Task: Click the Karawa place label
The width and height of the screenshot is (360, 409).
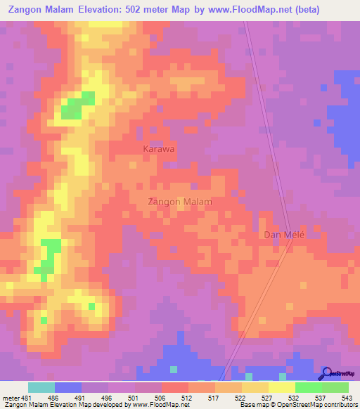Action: tap(158, 150)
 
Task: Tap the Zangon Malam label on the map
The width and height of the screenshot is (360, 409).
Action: tap(180, 202)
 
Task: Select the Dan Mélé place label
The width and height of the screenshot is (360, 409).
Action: tap(284, 235)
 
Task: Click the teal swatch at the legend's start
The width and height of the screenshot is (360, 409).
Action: tap(41, 387)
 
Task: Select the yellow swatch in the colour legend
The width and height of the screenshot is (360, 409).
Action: tap(281, 387)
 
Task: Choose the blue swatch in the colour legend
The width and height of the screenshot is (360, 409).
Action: tap(67, 387)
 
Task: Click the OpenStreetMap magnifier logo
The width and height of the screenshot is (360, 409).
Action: tap(327, 373)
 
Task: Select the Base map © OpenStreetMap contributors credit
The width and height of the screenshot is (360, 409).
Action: tap(296, 405)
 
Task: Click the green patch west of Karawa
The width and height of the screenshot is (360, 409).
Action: tap(77, 105)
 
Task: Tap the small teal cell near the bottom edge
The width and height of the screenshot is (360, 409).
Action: tap(173, 368)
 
